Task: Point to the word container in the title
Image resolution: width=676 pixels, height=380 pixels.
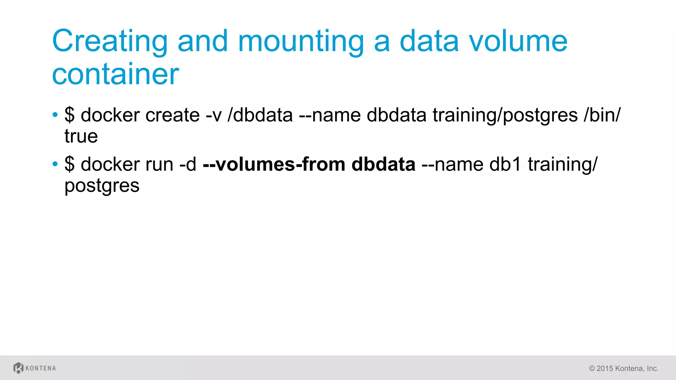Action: coord(116,74)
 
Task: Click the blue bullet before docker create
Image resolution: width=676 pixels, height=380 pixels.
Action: coord(55,115)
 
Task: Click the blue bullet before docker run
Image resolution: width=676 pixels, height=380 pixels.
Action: coord(55,164)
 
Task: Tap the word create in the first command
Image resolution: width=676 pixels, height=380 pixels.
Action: coord(172,115)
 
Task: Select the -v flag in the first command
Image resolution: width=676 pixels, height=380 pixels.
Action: coord(214,115)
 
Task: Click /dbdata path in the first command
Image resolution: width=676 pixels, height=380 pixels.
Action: coord(260,115)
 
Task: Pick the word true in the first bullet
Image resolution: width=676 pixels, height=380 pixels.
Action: coord(81,136)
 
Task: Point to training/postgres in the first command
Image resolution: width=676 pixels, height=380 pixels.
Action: coord(505,115)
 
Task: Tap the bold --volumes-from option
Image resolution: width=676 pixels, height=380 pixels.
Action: coord(274,164)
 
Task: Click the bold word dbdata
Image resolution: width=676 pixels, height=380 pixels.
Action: coord(383,164)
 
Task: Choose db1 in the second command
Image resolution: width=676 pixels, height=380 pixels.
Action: coord(505,164)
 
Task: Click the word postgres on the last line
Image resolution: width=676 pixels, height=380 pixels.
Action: coord(102,186)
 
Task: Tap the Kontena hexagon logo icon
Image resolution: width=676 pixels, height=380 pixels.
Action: coord(18,368)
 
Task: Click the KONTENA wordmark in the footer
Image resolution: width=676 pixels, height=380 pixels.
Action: coord(41,368)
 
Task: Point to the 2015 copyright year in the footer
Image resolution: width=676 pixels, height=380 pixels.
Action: coord(605,368)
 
